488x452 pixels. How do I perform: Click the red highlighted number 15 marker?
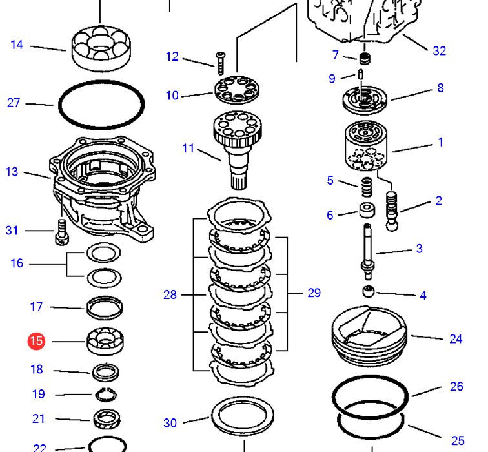pyautogui.click(x=37, y=340)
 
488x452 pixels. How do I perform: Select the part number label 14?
pyautogui.click(x=17, y=45)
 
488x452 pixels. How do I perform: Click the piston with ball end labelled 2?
pyautogui.click(x=392, y=211)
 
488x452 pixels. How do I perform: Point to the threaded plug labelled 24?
pyautogui.click(x=369, y=335)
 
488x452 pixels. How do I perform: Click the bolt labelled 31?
pyautogui.click(x=62, y=231)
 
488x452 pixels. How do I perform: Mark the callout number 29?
pyautogui.click(x=314, y=293)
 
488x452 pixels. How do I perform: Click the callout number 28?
pyautogui.click(x=170, y=294)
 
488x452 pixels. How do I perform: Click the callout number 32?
pyautogui.click(x=439, y=50)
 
